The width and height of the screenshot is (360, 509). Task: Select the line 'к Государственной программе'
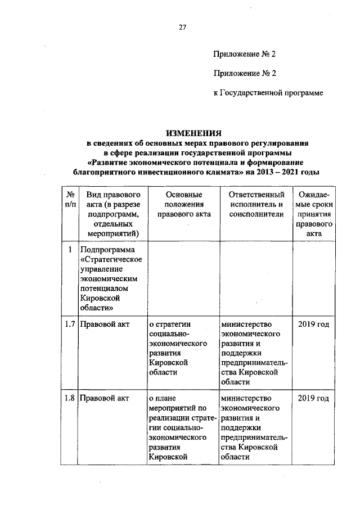[x=268, y=92]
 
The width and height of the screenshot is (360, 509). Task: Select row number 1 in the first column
[x=69, y=249]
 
